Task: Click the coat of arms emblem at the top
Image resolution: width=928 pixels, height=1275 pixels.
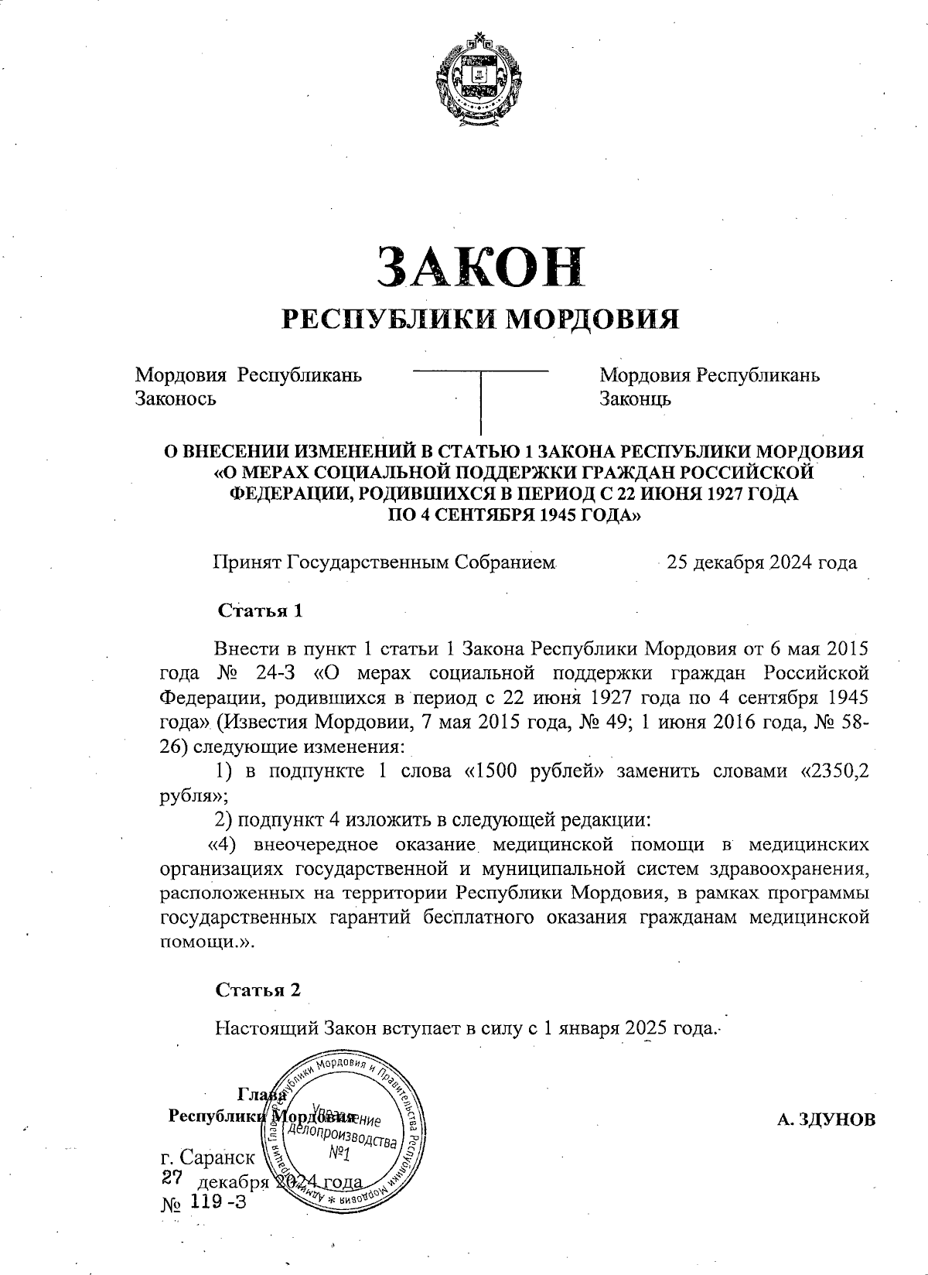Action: point(479,77)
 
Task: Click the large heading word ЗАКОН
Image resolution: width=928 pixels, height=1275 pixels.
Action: point(479,268)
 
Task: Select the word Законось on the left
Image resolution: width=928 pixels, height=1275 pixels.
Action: point(176,398)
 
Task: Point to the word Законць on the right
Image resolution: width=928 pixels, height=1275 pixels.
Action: point(636,398)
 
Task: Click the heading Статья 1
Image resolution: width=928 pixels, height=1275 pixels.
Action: point(260,610)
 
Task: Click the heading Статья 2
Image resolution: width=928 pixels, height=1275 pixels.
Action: point(258,990)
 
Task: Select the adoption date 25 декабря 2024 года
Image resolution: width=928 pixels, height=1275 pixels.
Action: point(762,562)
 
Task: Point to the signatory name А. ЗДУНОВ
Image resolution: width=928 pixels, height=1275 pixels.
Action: point(827,1119)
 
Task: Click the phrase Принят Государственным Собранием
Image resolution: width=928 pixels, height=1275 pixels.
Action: point(385,562)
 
